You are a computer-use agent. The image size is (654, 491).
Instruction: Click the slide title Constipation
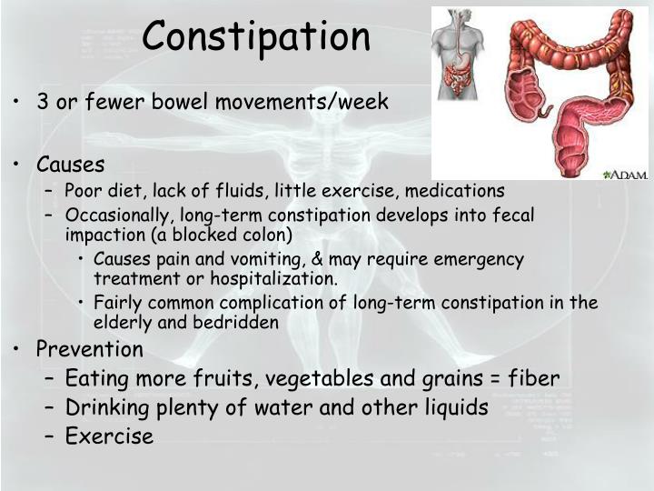pos(256,36)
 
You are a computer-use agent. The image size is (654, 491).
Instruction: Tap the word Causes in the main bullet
pos(70,165)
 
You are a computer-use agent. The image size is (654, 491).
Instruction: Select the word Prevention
pos(89,349)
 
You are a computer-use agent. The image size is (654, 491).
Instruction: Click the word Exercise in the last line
pos(109,436)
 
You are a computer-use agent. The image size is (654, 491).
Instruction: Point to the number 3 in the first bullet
pos(42,101)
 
